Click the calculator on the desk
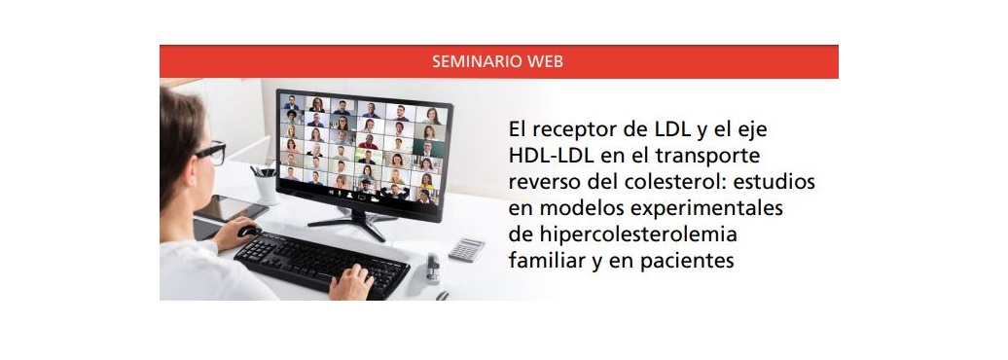pyautogui.click(x=466, y=249)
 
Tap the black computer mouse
pyautogui.click(x=249, y=231)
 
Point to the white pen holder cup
pyautogui.click(x=266, y=187)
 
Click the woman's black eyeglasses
pyautogui.click(x=210, y=153)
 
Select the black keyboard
pyautogui.click(x=321, y=264)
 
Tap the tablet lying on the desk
pyautogui.click(x=231, y=207)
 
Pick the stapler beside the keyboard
pyautogui.click(x=433, y=269)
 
